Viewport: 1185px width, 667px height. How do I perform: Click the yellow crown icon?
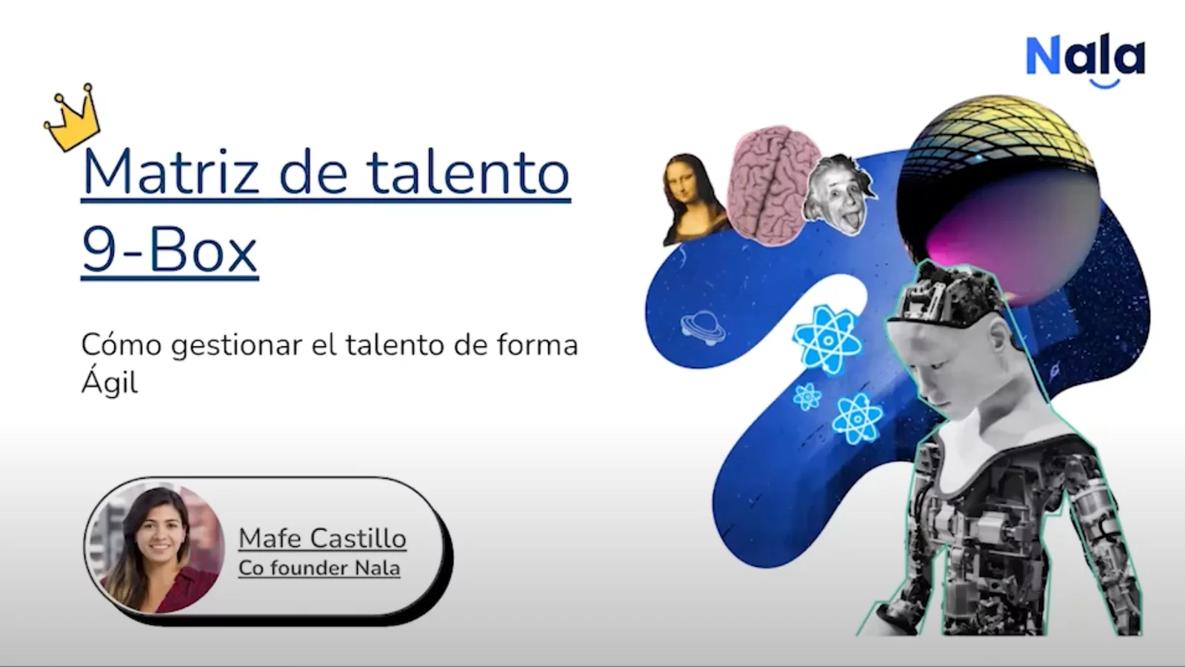[x=72, y=119]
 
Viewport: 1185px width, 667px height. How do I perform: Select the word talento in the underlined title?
[x=468, y=173]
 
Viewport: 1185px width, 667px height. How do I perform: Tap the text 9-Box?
[x=170, y=251]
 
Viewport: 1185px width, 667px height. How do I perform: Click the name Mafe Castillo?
[x=322, y=538]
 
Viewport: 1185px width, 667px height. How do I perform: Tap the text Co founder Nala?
[x=319, y=568]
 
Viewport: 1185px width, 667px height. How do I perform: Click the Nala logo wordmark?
[x=1085, y=56]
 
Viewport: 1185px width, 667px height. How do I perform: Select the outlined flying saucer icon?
[x=702, y=328]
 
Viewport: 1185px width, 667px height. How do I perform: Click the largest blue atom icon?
[x=827, y=339]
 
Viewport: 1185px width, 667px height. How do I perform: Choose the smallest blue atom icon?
[x=807, y=396]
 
